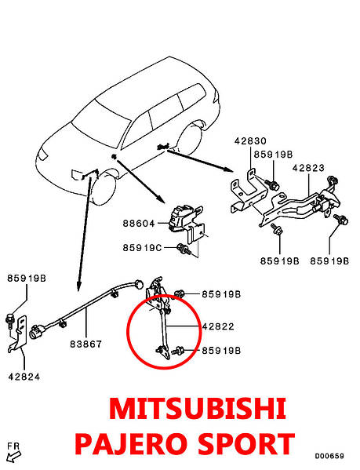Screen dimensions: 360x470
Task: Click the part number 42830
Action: (250, 141)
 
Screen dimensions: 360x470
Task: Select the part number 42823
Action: (308, 168)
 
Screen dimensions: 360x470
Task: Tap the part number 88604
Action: (139, 224)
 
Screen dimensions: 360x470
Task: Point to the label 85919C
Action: (142, 248)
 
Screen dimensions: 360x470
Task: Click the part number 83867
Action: (86, 344)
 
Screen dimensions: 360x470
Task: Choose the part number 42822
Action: (218, 326)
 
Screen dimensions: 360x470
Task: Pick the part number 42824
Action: (24, 377)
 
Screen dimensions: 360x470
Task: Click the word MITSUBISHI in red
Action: (198, 409)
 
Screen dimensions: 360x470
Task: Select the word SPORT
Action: (246, 444)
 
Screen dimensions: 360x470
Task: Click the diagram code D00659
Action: (329, 456)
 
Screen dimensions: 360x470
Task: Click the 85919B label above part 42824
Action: (27, 279)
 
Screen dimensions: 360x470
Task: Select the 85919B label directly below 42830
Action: (273, 155)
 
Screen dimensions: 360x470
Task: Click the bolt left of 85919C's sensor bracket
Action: (184, 249)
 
